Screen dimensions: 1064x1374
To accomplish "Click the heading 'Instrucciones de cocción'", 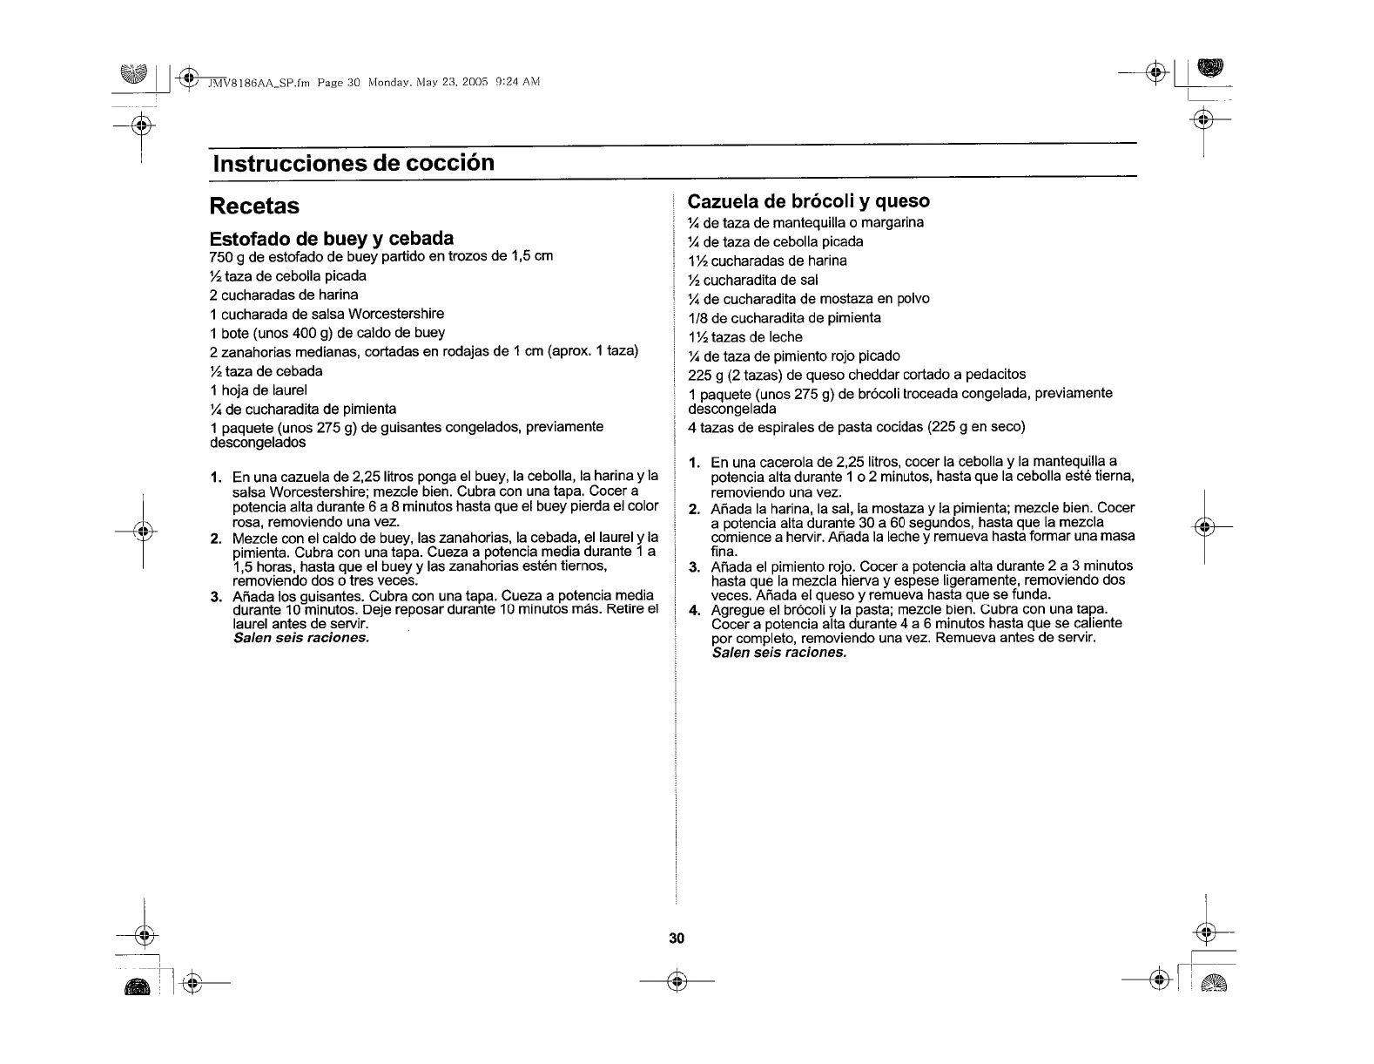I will pos(353,164).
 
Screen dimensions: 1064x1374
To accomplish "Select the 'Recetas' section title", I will pos(254,207).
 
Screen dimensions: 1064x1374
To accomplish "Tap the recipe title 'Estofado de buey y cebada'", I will pos(332,239).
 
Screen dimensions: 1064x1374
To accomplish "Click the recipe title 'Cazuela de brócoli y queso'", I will pos(809,201).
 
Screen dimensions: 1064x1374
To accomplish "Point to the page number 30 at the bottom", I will pos(677,939).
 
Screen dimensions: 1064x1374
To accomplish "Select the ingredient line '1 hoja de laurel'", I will pos(259,390).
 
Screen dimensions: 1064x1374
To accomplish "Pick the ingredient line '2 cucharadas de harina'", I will pos(284,295).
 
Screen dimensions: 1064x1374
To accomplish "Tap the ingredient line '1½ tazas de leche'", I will pos(745,337).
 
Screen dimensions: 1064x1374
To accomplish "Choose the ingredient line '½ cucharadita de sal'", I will pos(753,280).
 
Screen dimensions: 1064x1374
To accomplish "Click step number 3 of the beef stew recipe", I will pos(215,596).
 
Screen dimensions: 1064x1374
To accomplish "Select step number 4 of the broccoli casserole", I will pos(694,610).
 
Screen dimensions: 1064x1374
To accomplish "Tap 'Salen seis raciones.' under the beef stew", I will pos(301,638).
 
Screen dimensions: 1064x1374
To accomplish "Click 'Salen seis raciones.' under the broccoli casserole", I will pos(779,653).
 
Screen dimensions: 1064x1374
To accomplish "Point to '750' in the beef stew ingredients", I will pos(222,256).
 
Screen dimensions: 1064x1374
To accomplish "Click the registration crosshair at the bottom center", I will pos(677,981).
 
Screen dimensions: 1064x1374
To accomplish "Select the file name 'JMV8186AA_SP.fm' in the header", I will pos(259,82).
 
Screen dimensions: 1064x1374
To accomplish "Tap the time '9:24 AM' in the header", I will pos(517,82).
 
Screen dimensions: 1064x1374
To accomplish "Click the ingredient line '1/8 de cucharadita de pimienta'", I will pos(785,318).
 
